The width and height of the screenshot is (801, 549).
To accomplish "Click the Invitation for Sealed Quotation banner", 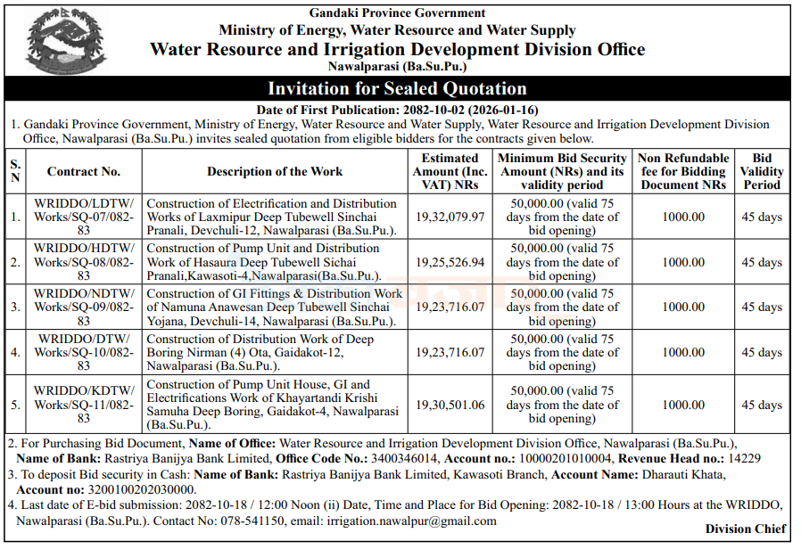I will [397, 88].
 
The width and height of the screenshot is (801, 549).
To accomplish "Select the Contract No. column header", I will [84, 171].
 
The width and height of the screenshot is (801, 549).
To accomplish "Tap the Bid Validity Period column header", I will [762, 171].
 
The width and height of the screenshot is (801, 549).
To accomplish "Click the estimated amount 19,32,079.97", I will [450, 217].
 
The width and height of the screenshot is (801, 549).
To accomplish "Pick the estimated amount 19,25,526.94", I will [450, 262].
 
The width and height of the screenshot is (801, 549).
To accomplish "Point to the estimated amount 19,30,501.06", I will [450, 405].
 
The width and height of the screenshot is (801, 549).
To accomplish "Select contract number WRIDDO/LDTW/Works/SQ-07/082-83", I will [84, 217].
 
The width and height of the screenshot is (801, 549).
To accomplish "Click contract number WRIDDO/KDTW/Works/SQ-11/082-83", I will [84, 405].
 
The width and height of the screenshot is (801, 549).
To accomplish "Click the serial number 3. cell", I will [15, 307].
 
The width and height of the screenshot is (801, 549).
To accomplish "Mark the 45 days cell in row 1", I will [763, 217].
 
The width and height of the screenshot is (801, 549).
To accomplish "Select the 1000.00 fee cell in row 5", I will [683, 405].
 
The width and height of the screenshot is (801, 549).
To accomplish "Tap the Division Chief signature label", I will [747, 529].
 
